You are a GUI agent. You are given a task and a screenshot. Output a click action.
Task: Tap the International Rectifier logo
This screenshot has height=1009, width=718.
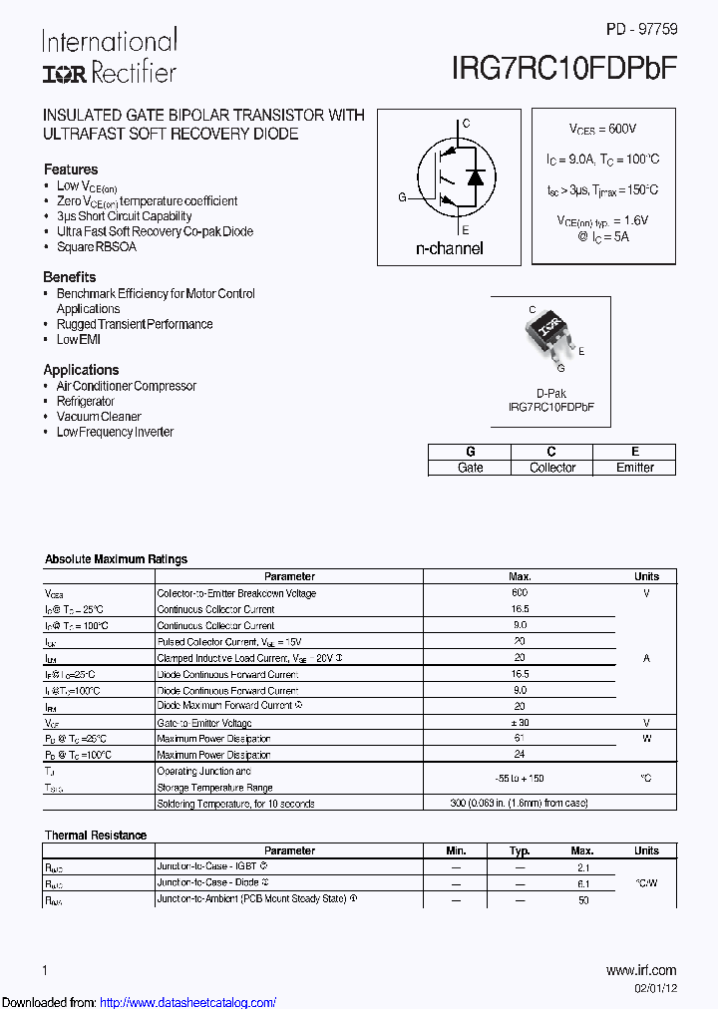point(109,56)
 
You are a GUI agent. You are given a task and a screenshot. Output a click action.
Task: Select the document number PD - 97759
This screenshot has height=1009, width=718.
point(641,30)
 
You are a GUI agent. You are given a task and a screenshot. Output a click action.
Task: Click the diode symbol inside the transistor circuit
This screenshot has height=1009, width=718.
point(476,179)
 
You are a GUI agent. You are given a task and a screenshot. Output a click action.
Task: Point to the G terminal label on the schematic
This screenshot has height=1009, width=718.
point(403,197)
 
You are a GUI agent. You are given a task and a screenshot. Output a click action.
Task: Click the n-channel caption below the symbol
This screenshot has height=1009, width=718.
point(449,248)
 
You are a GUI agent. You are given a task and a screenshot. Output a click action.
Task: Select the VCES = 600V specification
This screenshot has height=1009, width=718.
point(602,130)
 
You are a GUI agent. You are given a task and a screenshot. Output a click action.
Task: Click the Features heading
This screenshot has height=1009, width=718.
point(71,169)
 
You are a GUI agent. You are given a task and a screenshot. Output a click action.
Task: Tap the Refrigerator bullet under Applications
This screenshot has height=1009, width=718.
point(86,401)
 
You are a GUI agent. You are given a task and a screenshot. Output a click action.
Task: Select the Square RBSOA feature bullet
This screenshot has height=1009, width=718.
point(97,246)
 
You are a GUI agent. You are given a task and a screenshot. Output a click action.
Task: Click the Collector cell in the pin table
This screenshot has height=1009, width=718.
point(551,468)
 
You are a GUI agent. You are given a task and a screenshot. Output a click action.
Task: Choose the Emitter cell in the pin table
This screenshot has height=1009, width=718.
point(634,468)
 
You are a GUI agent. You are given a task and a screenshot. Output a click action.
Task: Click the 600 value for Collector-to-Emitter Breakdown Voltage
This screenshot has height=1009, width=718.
point(520,593)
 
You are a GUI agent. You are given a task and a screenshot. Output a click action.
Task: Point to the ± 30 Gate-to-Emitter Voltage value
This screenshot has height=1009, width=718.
point(520,723)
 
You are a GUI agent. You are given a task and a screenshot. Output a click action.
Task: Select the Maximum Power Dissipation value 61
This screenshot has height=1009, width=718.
point(520,739)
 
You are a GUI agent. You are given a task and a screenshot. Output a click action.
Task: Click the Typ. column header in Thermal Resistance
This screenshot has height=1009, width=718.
point(520,850)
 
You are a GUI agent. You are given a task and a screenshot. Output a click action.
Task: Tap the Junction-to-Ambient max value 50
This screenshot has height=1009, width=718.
point(582,899)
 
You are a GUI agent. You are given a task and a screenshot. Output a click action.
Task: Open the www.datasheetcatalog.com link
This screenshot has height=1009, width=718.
point(188,1002)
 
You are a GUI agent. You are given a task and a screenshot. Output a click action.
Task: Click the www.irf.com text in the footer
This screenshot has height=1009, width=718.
point(641,970)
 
